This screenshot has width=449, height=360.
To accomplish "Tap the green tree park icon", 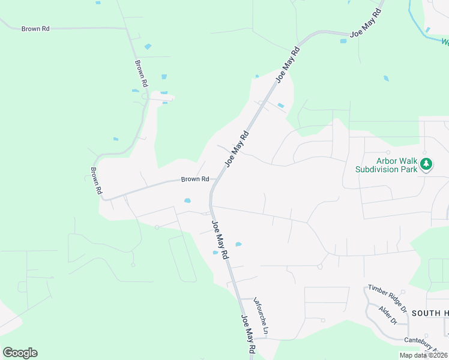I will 426,164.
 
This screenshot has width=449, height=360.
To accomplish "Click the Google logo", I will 20,353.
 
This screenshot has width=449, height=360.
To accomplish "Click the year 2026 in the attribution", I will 440,355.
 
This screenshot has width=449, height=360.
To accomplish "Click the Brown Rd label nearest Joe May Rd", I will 195,179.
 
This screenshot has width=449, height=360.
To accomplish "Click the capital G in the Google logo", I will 8,353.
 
